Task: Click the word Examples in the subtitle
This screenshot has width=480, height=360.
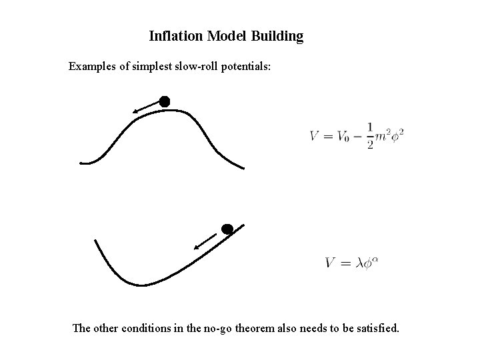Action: [x=93, y=67]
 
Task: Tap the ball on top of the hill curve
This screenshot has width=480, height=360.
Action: [x=165, y=101]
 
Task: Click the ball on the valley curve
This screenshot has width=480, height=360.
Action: [x=227, y=229]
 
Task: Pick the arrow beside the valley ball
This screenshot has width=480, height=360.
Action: [x=206, y=241]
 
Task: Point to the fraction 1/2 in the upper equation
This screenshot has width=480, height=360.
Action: [x=370, y=137]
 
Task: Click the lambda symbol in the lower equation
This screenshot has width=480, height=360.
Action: [x=360, y=263]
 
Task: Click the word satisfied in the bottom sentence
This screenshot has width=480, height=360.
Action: [x=376, y=328]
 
